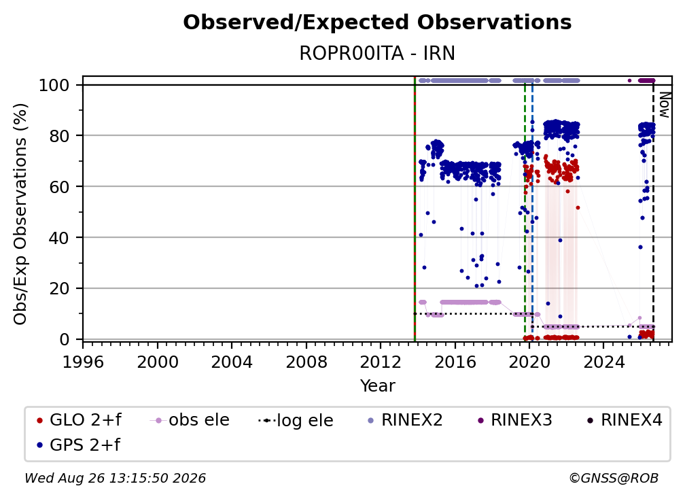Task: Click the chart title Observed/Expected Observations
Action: [377, 22]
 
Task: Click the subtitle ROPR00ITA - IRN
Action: [377, 53]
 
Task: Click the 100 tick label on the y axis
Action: [54, 85]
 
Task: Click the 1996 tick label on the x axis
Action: [83, 362]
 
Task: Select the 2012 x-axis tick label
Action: [381, 362]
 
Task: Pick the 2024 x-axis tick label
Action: [603, 362]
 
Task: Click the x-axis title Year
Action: [377, 386]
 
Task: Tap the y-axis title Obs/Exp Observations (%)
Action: [20, 214]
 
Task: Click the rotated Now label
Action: [664, 105]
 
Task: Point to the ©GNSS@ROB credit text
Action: [614, 478]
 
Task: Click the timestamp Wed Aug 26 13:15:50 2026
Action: [116, 478]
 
